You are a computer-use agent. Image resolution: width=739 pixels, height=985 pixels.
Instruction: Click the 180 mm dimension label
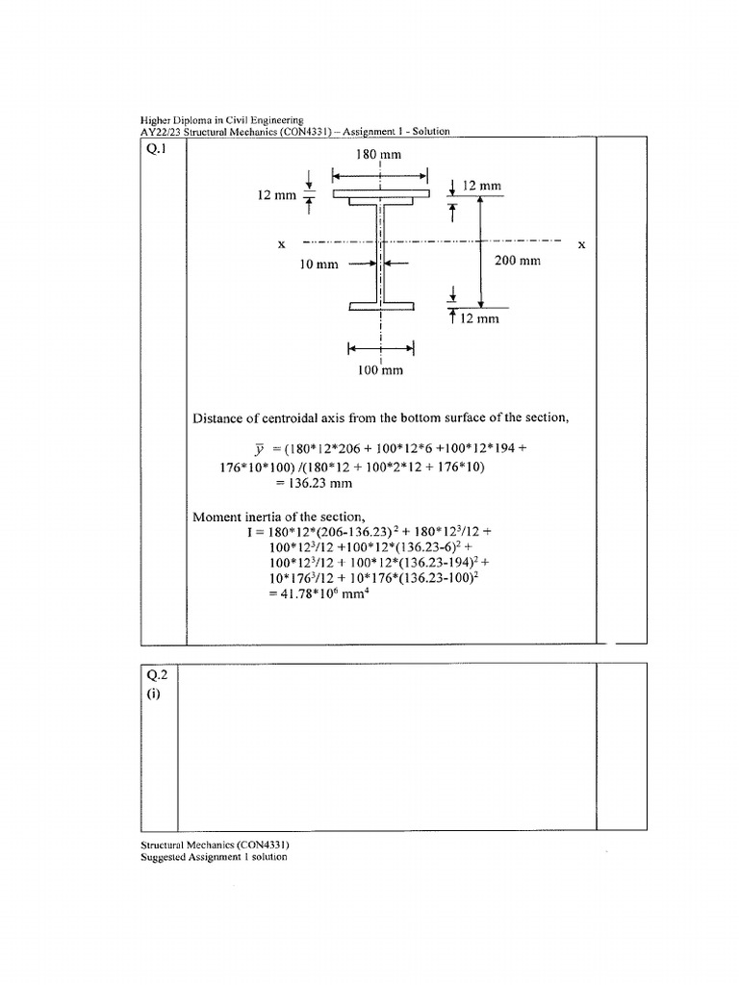point(380,154)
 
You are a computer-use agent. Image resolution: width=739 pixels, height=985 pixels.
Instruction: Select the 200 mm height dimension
point(517,261)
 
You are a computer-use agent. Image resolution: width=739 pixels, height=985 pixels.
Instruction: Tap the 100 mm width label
point(380,369)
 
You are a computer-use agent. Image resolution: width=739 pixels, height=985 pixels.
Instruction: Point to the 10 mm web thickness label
point(319,265)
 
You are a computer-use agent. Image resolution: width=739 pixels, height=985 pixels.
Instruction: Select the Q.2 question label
point(154,675)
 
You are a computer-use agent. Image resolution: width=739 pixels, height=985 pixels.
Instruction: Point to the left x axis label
point(281,244)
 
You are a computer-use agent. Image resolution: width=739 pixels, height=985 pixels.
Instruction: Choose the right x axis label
point(581,244)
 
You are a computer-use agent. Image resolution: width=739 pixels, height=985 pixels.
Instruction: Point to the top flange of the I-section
point(381,195)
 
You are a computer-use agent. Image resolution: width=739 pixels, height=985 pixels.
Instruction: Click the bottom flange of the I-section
point(381,306)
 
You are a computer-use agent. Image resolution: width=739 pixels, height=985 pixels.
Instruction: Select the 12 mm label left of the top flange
point(276,195)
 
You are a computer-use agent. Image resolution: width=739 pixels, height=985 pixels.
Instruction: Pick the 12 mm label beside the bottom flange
point(480,318)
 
